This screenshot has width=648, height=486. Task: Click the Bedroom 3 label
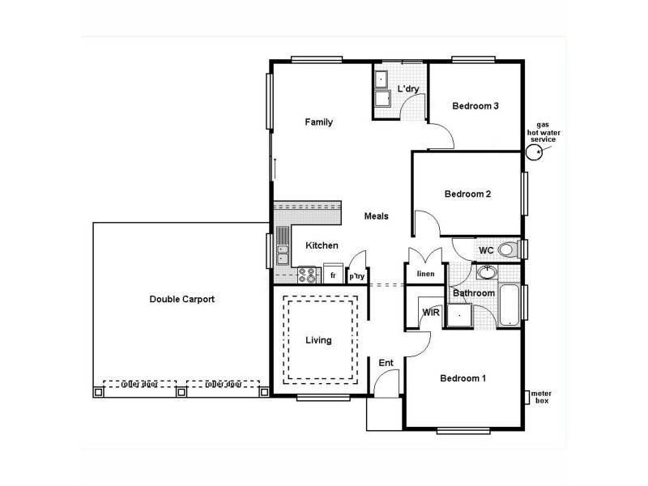pyautogui.click(x=475, y=106)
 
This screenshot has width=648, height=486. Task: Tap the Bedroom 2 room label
pyautogui.click(x=467, y=194)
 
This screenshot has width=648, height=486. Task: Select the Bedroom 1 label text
pyautogui.click(x=463, y=378)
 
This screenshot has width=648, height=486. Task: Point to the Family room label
pyautogui.click(x=318, y=122)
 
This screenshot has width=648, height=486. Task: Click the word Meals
pyautogui.click(x=377, y=216)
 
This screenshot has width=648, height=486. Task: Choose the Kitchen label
pyautogui.click(x=321, y=245)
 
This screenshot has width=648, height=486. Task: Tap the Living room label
pyautogui.click(x=318, y=340)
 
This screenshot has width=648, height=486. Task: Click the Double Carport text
pyautogui.click(x=181, y=299)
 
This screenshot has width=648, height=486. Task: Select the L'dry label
pyautogui.click(x=407, y=87)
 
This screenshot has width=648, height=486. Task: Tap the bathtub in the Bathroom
pyautogui.click(x=509, y=305)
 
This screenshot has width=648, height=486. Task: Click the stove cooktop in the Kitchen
pyautogui.click(x=307, y=275)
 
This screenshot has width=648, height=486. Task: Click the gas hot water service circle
pyautogui.click(x=535, y=153)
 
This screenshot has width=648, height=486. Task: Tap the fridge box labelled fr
pyautogui.click(x=333, y=274)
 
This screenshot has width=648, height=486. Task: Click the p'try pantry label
pyautogui.click(x=357, y=276)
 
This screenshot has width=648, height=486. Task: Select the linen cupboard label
pyautogui.click(x=426, y=274)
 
